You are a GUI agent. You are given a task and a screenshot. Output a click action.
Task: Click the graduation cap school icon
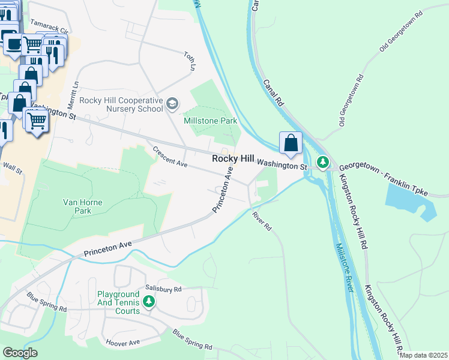[172, 104]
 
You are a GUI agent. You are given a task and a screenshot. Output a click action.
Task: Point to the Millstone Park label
[210, 121]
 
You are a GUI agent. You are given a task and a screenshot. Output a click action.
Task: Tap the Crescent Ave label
[170, 158]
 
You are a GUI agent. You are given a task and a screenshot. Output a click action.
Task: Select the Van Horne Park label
[83, 207]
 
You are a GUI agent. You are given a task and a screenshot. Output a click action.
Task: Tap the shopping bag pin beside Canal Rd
[291, 143]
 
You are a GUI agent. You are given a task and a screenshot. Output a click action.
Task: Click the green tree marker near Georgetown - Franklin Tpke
[323, 161]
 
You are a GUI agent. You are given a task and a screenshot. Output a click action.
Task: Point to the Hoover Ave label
[123, 343]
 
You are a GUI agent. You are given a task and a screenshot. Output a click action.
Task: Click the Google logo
[20, 353]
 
